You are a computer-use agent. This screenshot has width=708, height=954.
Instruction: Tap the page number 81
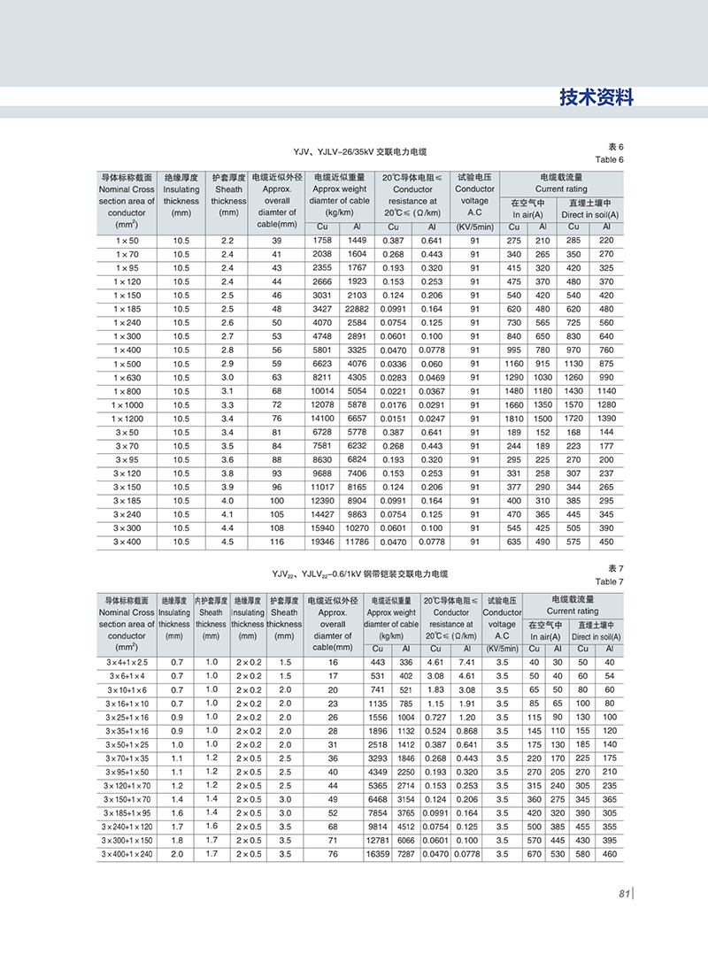pos(623,894)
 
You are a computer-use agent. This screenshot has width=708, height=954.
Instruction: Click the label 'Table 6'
pos(610,159)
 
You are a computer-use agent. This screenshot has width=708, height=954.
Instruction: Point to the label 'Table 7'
pos(610,581)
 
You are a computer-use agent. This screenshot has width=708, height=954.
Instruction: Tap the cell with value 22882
pos(358,308)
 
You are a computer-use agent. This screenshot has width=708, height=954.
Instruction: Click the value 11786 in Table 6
pos(358,541)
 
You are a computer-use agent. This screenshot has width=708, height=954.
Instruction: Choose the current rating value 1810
pos(514,417)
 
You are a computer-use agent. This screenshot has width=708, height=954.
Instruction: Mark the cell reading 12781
pos(378,840)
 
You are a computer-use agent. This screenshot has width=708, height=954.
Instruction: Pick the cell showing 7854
pos(378,812)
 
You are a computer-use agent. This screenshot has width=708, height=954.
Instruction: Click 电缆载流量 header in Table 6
pos(561,177)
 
